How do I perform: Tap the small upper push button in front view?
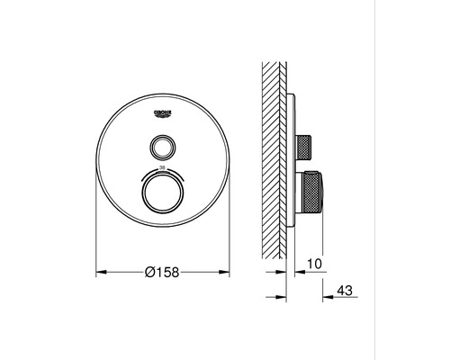pyautogui.click(x=162, y=145)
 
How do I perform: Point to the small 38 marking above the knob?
pyautogui.click(x=162, y=168)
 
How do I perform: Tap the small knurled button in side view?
pyautogui.click(x=307, y=145)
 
